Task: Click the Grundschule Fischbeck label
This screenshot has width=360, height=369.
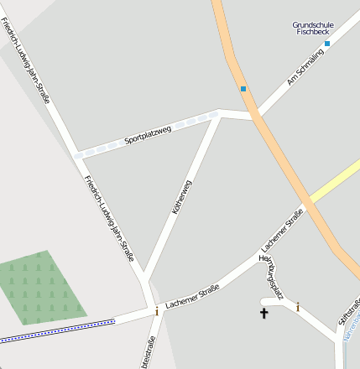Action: (x=312, y=28)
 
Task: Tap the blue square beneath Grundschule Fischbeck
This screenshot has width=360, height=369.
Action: (x=327, y=43)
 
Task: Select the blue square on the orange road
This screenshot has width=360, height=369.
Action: (x=243, y=88)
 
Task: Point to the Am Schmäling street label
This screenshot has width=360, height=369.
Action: (x=304, y=68)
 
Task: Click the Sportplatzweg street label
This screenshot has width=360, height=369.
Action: (x=147, y=133)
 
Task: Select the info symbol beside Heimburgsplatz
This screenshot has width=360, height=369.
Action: (x=297, y=307)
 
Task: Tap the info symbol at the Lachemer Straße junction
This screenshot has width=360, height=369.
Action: (x=156, y=311)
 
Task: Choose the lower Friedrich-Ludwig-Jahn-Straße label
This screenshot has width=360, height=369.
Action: (x=109, y=218)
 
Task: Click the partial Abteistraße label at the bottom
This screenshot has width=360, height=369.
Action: (x=149, y=352)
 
